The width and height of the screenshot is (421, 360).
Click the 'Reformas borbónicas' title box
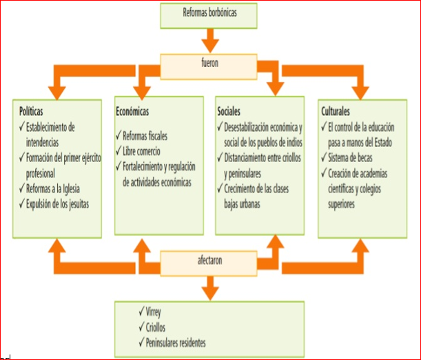pyautogui.click(x=210, y=12)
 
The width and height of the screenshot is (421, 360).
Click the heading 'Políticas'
pyautogui.click(x=35, y=110)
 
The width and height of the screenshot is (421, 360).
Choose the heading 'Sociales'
pyautogui.click(x=231, y=110)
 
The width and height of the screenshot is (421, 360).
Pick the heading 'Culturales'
pyautogui.click(x=336, y=110)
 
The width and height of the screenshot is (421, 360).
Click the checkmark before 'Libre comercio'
pyautogui.click(x=117, y=150)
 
